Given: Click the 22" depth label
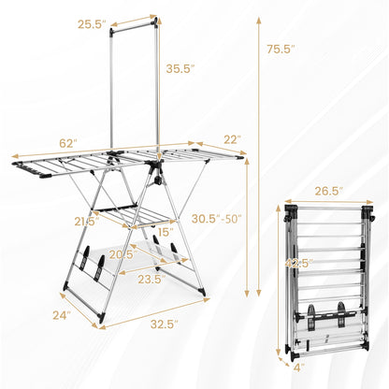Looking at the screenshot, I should [x=232, y=140].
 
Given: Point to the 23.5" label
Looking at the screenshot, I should [x=150, y=278].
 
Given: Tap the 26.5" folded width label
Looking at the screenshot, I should [x=324, y=192].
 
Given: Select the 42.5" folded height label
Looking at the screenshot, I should [x=299, y=263].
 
